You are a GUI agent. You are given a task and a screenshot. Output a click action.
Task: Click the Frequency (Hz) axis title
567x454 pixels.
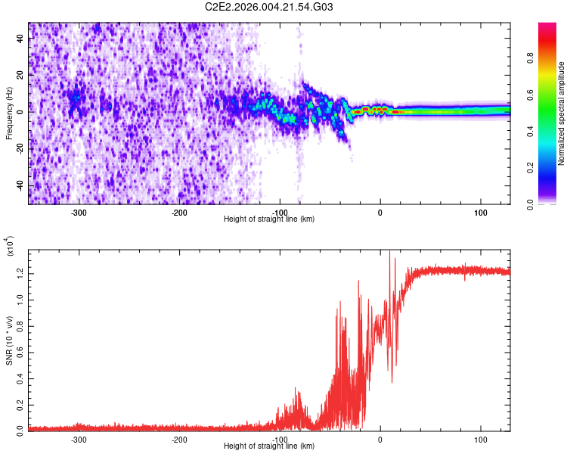(10, 113)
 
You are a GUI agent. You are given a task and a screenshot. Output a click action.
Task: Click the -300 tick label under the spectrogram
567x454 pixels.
(79, 212)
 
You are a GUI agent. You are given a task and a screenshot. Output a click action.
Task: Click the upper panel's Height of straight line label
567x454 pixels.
(269, 219)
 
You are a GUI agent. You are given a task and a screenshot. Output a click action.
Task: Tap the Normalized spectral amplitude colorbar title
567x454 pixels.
(562, 113)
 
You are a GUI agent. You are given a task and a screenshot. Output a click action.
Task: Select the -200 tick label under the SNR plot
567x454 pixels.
(179, 439)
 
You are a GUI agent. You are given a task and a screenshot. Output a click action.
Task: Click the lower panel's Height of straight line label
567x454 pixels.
(269, 446)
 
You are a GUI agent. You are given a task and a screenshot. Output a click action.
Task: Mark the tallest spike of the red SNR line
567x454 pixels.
(389, 253)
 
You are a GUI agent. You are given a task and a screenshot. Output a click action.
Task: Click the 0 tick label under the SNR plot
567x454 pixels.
(380, 439)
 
